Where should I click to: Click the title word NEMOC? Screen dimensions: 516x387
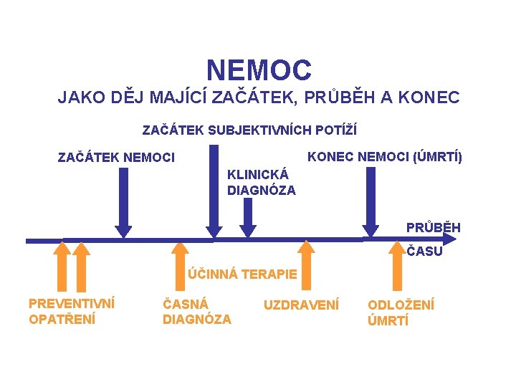pos(259,70)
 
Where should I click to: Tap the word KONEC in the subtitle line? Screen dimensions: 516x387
pos(430,97)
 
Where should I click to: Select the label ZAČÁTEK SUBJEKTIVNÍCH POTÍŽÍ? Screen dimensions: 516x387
pos(250,130)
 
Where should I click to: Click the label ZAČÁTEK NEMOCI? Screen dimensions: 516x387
pos(116,157)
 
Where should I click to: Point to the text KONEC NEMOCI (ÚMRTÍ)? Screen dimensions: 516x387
pos(384,156)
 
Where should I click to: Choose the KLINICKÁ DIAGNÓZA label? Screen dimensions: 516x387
pos(262,182)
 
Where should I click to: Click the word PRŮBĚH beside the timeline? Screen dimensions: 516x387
pos(433,228)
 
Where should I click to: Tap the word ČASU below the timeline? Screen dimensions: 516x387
pos(424,252)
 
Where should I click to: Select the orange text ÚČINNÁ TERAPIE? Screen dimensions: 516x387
pos(242,274)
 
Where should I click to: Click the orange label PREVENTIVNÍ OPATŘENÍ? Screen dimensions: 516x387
pos(72,311)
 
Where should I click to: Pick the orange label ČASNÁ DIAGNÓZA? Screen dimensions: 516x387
pos(197,311)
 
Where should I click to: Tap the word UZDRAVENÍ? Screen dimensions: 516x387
pos(301,305)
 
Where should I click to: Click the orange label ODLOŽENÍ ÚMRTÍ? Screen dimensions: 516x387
pos(401,312)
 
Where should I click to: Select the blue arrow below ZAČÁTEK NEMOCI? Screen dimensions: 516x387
pos(123,201)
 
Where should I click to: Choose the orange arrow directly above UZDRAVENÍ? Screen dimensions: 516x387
pos(307,267)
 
